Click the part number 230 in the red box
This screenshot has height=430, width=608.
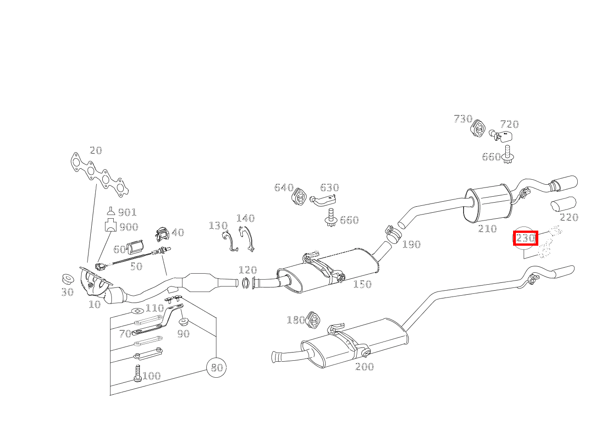[525, 238]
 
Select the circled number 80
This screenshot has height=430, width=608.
[216, 368]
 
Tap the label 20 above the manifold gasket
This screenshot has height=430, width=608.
[96, 150]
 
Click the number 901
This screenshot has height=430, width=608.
[127, 212]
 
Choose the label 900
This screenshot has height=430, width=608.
[129, 227]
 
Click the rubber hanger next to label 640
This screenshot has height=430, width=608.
[299, 195]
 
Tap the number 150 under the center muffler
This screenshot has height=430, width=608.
[362, 284]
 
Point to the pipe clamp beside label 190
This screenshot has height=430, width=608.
[393, 234]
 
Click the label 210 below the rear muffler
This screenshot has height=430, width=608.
[487, 229]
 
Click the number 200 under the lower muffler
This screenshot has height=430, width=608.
[365, 367]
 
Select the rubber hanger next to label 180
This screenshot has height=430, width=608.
[313, 320]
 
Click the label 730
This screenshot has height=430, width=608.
[463, 119]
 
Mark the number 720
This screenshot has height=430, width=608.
[509, 124]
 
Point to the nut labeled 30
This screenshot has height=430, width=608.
[67, 279]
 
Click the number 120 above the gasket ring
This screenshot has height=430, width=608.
[248, 270]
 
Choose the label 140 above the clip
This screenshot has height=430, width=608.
[246, 218]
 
